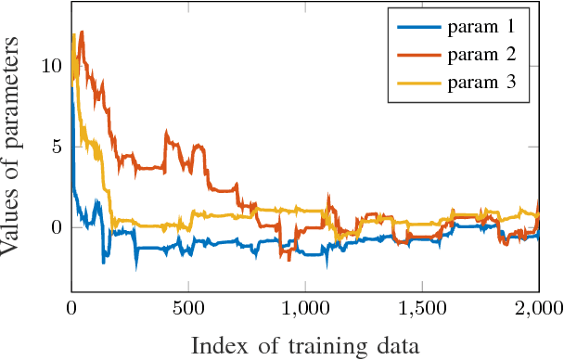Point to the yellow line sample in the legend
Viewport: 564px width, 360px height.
click(417, 83)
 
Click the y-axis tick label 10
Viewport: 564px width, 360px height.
click(52, 67)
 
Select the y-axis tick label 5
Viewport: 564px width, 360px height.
click(57, 147)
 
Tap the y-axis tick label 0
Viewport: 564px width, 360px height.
click(57, 227)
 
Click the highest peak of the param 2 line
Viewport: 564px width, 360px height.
click(82, 32)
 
